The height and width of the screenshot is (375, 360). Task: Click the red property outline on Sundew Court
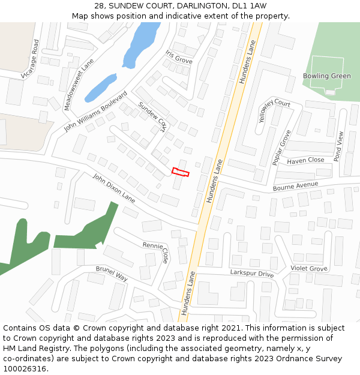point(181,172)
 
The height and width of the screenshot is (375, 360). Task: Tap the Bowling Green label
point(326,76)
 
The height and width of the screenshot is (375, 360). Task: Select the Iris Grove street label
point(179,57)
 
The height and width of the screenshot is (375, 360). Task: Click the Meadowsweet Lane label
point(79,83)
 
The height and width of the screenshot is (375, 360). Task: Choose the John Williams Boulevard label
point(96,112)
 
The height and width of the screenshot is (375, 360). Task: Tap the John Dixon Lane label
point(114,187)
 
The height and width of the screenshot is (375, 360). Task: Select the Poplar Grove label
point(281,147)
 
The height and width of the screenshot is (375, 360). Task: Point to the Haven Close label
point(305,160)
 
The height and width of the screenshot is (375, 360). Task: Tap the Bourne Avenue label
point(295,187)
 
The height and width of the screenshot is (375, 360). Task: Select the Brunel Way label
point(112,274)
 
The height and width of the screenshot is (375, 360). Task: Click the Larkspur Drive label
point(251,274)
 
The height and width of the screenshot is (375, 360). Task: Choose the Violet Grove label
point(309,268)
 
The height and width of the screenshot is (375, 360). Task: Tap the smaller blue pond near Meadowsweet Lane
point(100,88)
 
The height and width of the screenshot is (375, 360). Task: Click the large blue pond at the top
point(141,43)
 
